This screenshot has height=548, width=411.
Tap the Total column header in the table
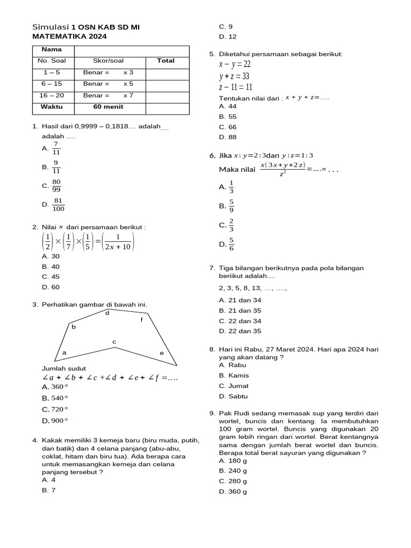(166, 60)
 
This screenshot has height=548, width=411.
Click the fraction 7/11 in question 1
(56, 148)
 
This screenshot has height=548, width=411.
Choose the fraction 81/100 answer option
(58, 204)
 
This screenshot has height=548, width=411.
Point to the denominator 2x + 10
(117, 247)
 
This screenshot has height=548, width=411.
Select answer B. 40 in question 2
(51, 267)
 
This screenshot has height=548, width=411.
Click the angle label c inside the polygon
(114, 341)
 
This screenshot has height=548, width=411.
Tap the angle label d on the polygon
(107, 313)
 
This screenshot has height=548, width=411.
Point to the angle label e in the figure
(162, 353)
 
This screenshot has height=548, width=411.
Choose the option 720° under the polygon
(56, 409)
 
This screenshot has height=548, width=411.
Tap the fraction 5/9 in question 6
(231, 205)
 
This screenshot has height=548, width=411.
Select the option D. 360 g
(233, 492)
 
